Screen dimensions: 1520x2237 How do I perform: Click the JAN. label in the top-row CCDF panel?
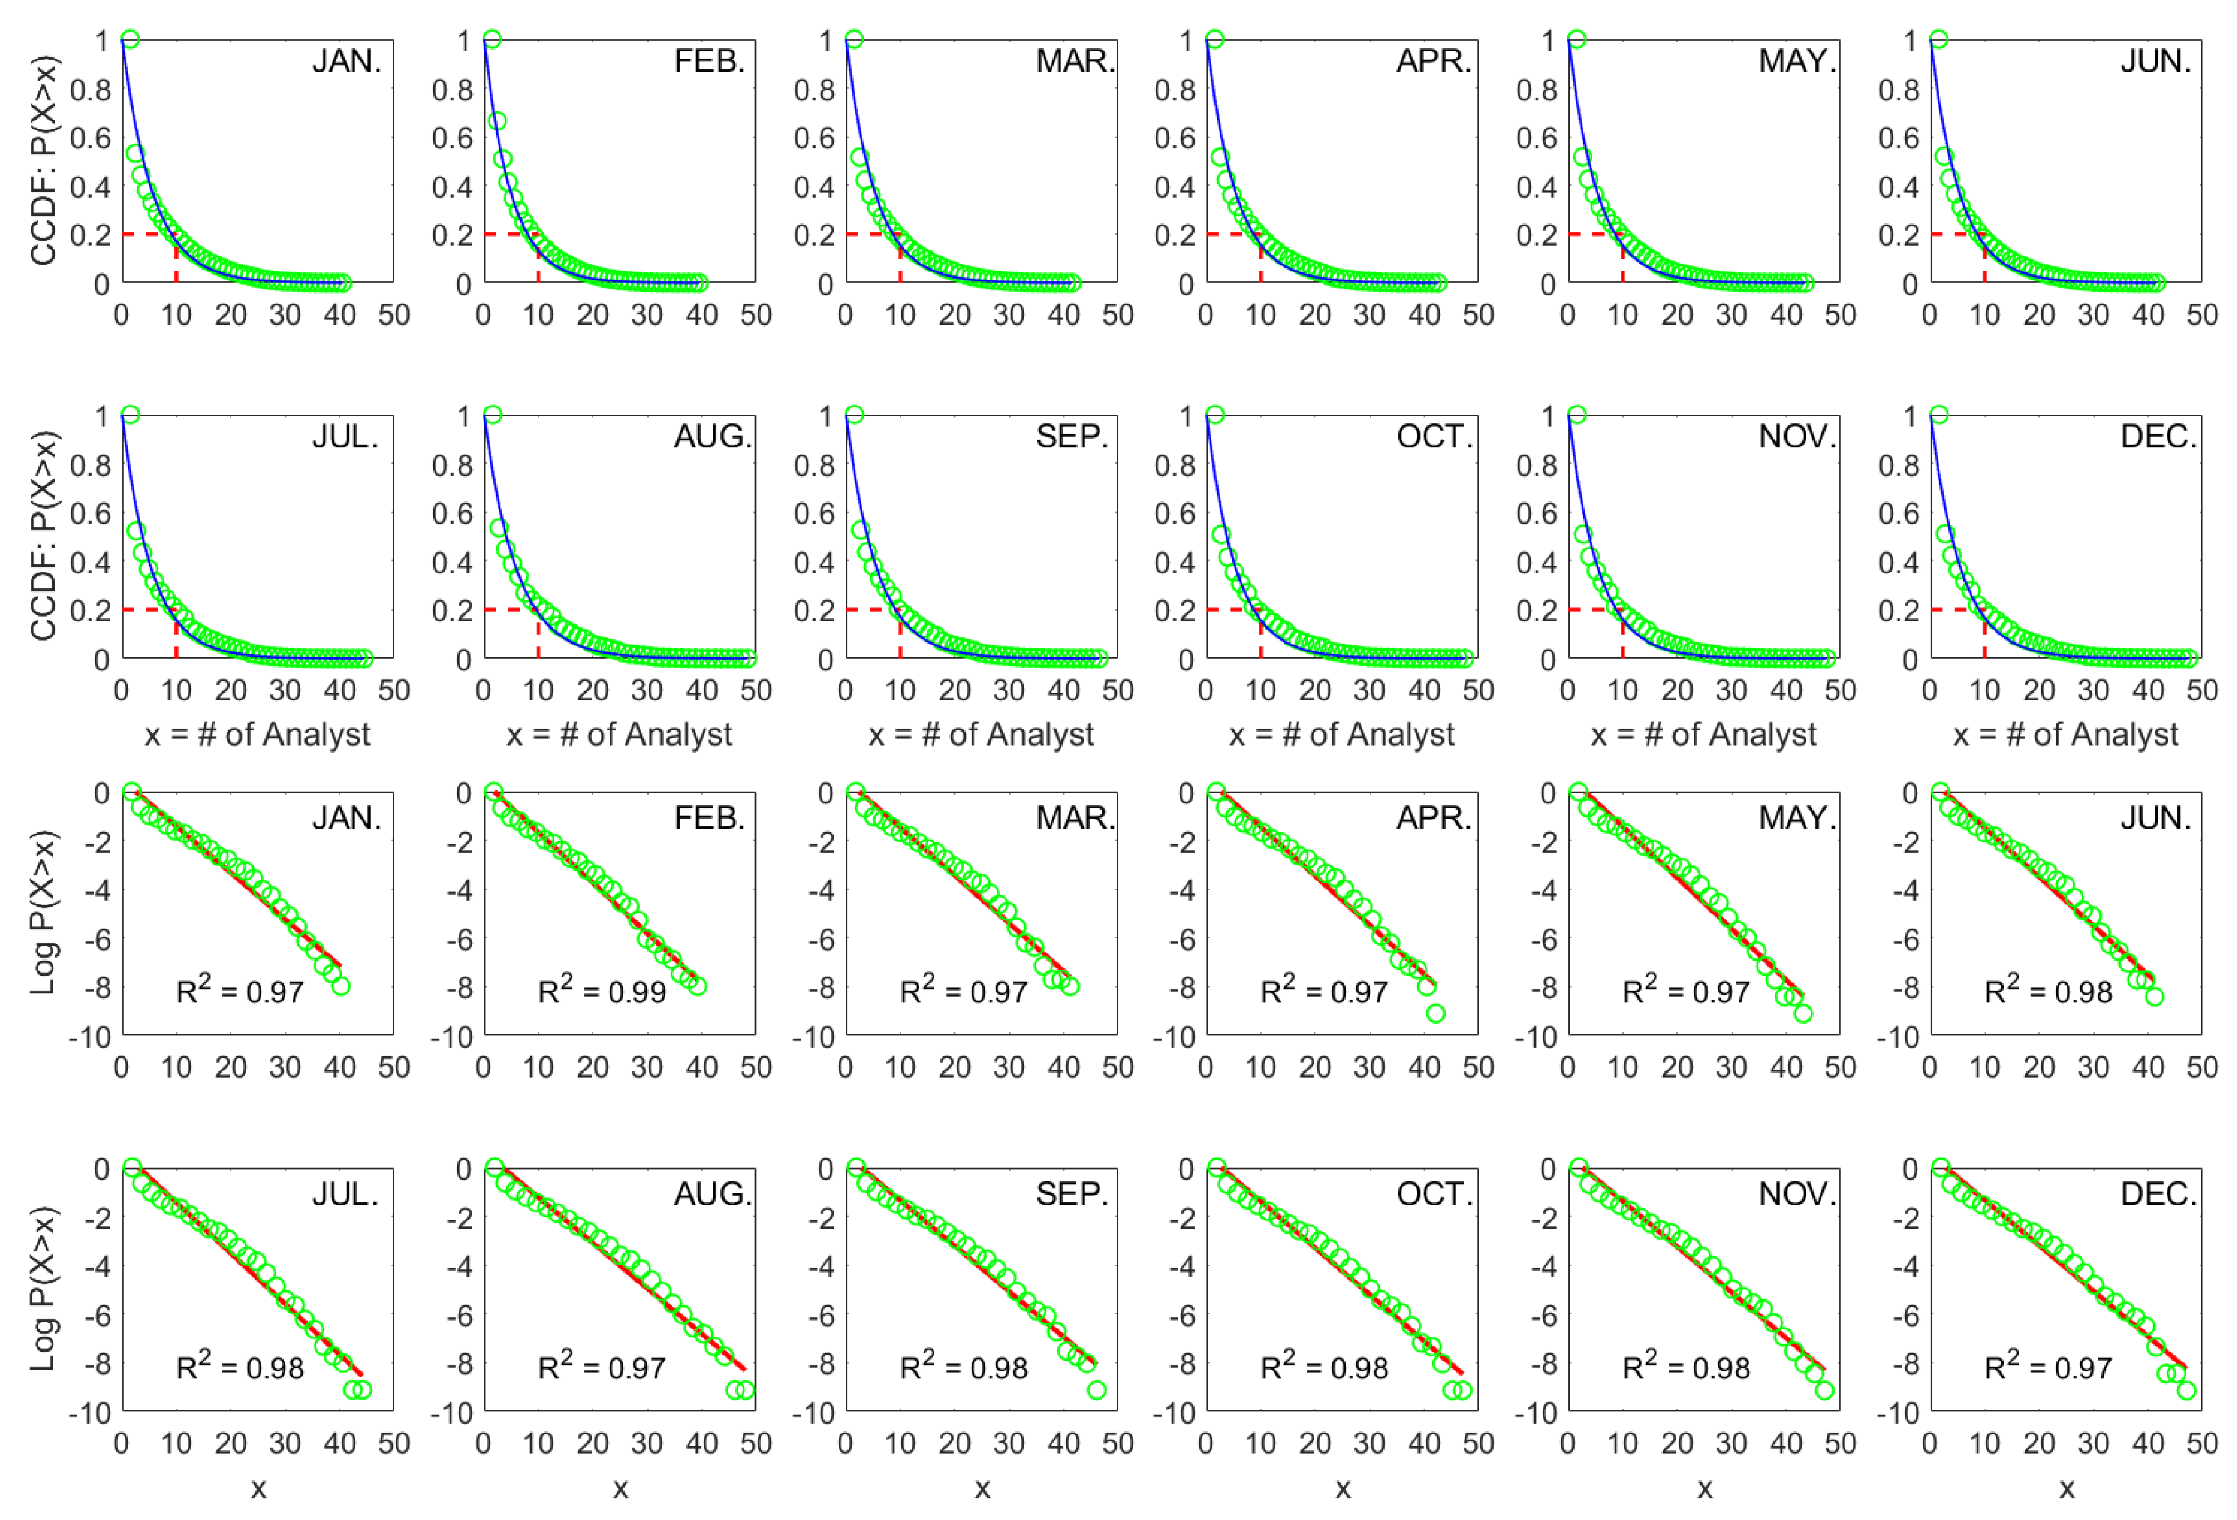347,62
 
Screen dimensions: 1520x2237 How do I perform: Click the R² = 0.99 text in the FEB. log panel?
602,991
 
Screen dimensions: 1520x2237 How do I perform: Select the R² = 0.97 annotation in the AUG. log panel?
602,1367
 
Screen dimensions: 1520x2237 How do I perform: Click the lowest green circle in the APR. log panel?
1435,1013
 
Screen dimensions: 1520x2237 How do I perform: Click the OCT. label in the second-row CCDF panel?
1434,437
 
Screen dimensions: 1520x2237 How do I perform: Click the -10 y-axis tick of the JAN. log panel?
90,1037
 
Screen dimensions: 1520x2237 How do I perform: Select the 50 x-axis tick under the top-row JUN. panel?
2201,315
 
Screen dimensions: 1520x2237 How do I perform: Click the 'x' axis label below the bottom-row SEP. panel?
982,1489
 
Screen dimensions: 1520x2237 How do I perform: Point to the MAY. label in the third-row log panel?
1797,819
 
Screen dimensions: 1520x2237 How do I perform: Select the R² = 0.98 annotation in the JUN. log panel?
2048,991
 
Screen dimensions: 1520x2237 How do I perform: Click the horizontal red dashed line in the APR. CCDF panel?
1232,234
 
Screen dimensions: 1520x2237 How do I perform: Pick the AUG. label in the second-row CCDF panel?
712,437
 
